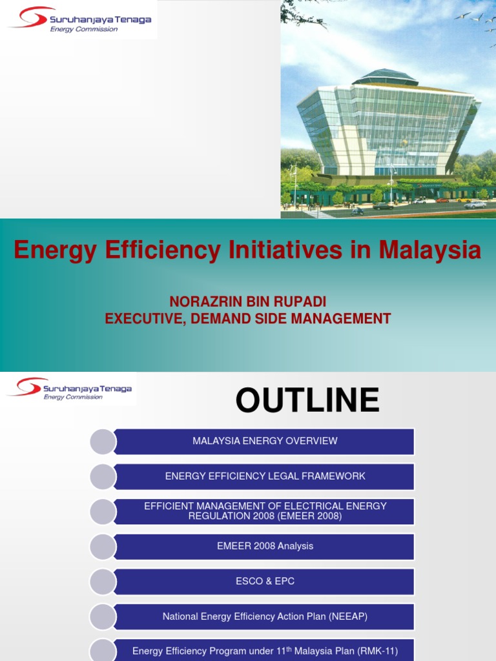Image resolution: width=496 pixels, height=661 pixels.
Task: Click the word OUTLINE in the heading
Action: click(x=307, y=400)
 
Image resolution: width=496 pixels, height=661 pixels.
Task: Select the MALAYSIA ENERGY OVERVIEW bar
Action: click(x=265, y=442)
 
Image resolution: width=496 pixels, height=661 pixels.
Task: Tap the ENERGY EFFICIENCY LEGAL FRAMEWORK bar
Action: click(x=265, y=476)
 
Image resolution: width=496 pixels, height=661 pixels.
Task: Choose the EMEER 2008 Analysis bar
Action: click(x=265, y=546)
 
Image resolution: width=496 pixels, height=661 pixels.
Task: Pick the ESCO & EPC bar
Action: click(x=265, y=581)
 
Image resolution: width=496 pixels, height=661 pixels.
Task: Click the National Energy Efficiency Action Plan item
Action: click(x=265, y=616)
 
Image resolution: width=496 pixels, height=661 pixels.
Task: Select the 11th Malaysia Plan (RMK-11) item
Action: click(x=265, y=651)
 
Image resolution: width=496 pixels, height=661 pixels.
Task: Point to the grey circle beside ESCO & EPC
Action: click(x=103, y=582)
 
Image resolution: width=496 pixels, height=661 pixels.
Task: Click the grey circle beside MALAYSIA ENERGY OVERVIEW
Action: click(x=103, y=442)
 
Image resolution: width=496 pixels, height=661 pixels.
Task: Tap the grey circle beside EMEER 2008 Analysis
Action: click(x=103, y=547)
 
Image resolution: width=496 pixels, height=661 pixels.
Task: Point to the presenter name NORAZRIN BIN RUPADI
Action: click(x=248, y=302)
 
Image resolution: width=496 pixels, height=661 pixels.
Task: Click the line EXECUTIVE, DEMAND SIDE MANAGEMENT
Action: click(x=248, y=318)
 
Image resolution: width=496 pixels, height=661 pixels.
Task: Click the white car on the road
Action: click(x=475, y=205)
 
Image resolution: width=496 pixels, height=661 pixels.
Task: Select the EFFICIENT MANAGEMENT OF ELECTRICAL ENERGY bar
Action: click(x=265, y=511)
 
